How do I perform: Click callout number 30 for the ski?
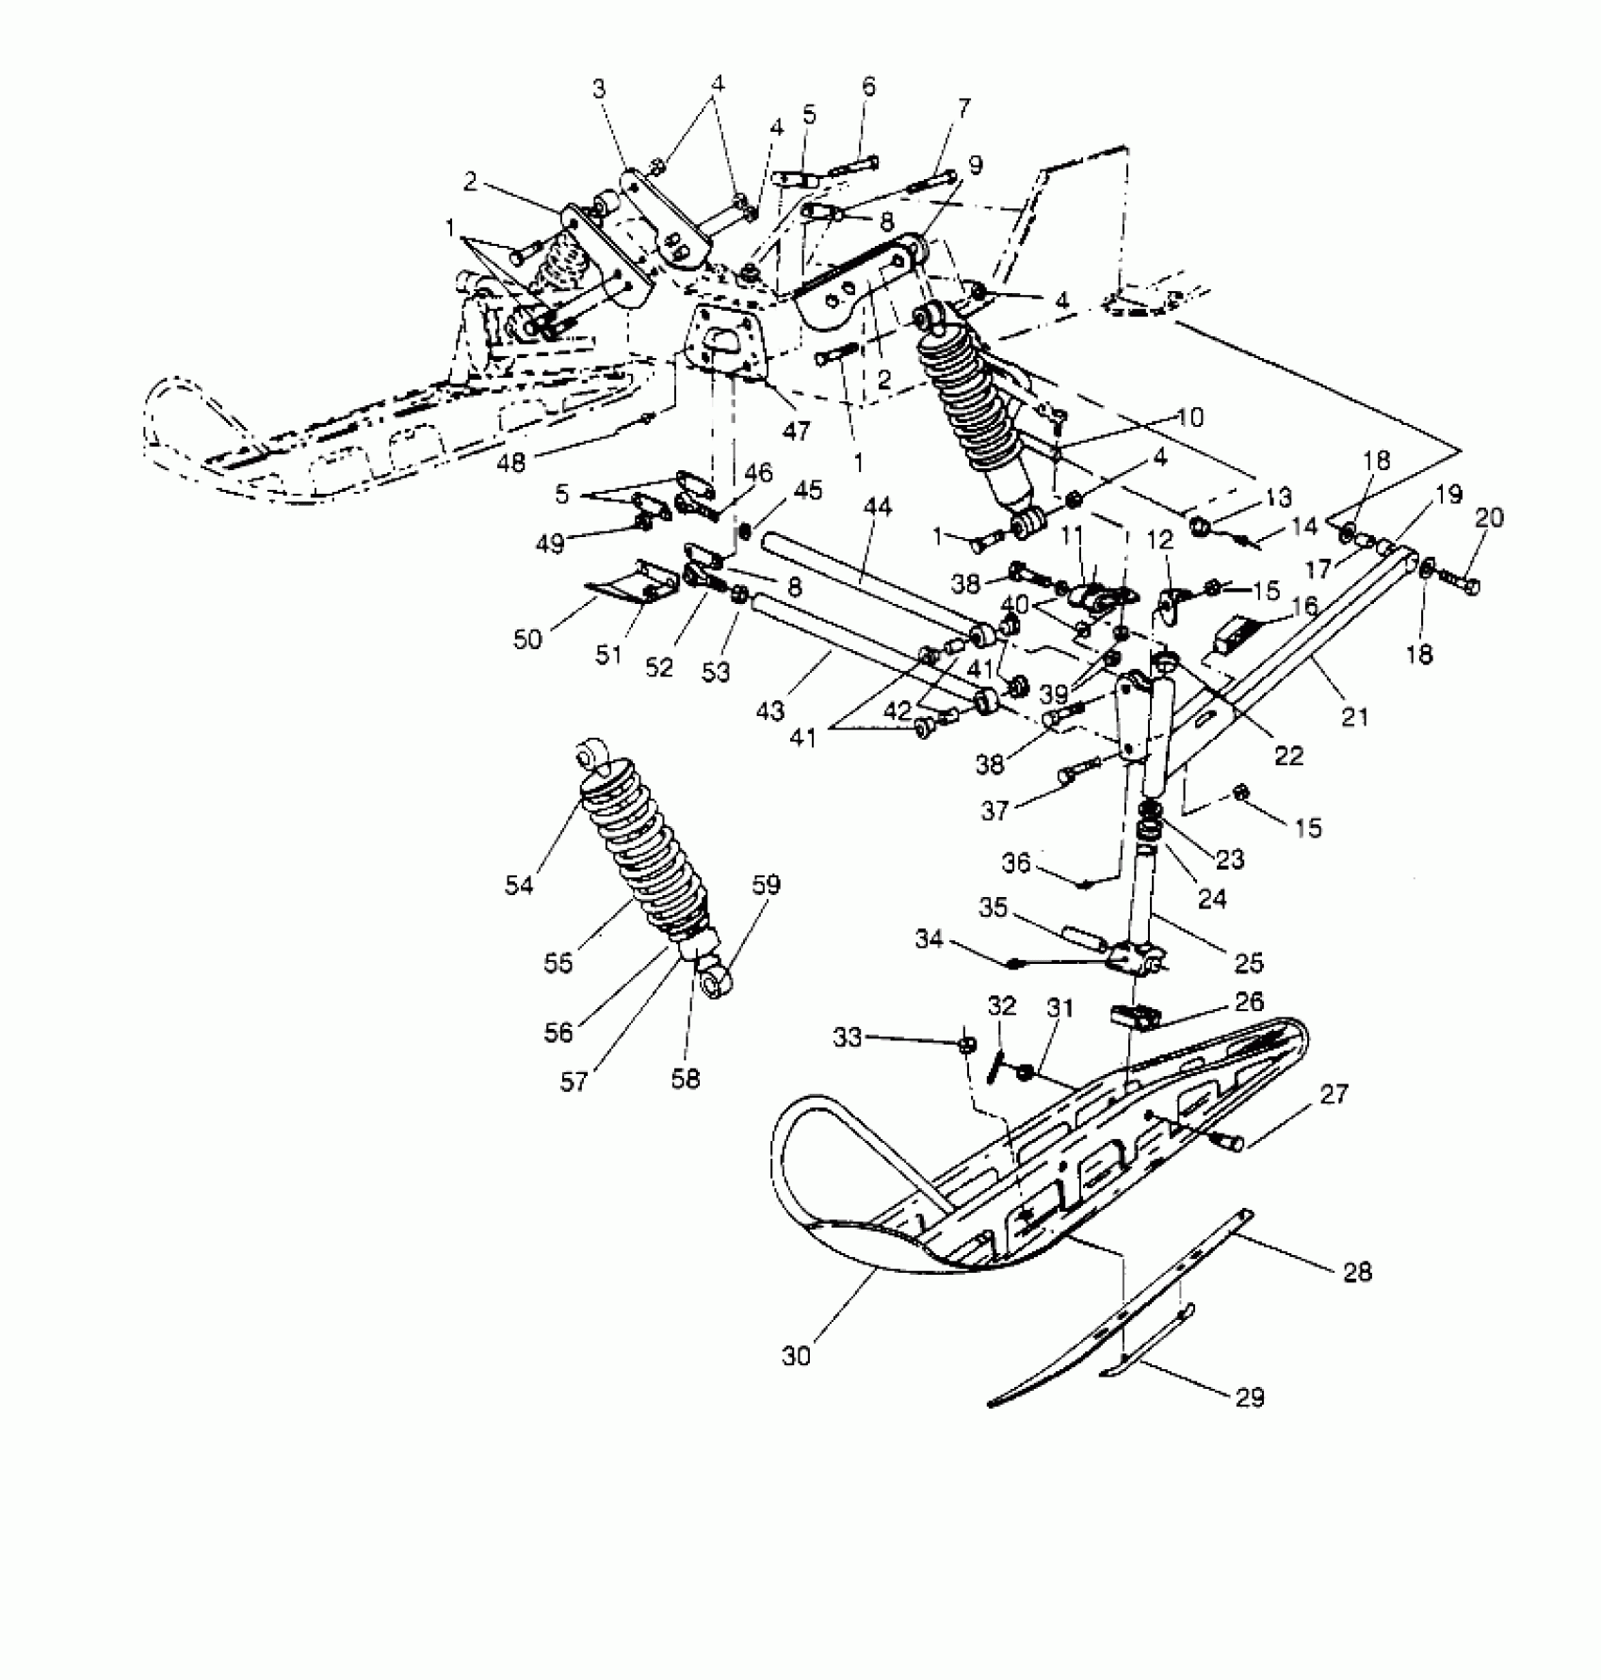[x=795, y=1356]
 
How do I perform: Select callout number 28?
[x=1357, y=1272]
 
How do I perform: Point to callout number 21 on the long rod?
[x=1354, y=717]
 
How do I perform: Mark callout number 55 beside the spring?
[x=558, y=964]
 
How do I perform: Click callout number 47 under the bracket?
[x=797, y=432]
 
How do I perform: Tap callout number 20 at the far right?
[x=1490, y=517]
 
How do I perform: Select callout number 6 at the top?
[x=868, y=87]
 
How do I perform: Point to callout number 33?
[x=848, y=1037]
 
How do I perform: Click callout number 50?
[x=527, y=639]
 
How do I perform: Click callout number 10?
[x=1190, y=416]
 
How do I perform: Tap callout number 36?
[x=1017, y=862]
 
